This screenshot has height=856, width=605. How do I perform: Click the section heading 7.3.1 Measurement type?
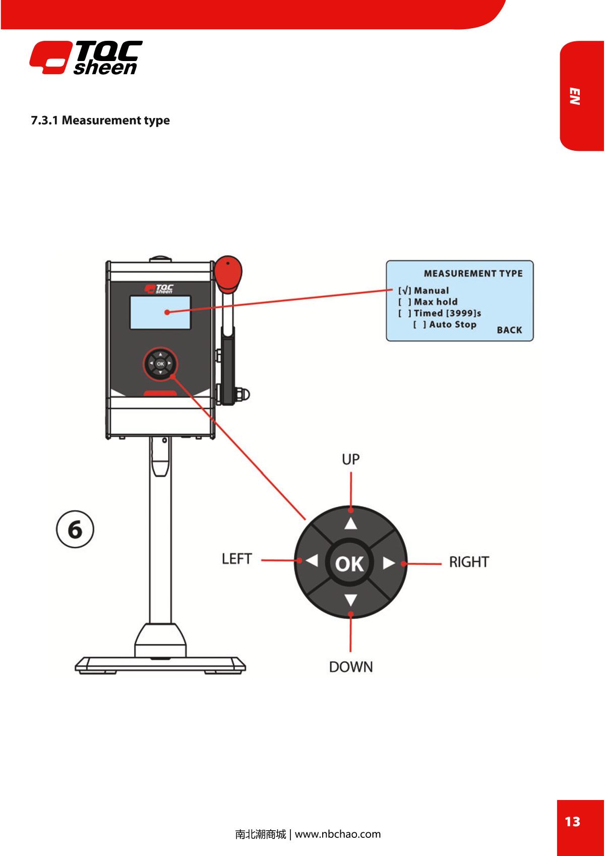(100, 121)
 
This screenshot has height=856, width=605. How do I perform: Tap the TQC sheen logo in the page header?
(86, 58)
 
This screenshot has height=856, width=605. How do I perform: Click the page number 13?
(572, 822)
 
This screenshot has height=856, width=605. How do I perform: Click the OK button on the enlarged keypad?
(349, 563)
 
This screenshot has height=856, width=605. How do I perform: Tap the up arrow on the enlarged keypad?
(350, 524)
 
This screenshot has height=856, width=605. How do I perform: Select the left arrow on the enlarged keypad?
(312, 561)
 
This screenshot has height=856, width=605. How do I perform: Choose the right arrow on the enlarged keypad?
(388, 563)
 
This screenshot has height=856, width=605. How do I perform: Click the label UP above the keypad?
(350, 460)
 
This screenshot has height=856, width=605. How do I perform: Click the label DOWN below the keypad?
(351, 667)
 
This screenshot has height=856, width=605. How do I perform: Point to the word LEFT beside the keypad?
(236, 559)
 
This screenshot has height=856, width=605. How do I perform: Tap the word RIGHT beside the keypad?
(469, 562)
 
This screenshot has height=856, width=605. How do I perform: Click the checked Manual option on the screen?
(423, 291)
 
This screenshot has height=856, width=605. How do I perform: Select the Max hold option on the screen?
(428, 302)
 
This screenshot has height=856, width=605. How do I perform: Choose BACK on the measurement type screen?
(509, 330)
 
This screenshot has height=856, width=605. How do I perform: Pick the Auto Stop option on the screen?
(445, 324)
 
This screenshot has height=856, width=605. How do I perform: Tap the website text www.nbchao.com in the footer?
(338, 834)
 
